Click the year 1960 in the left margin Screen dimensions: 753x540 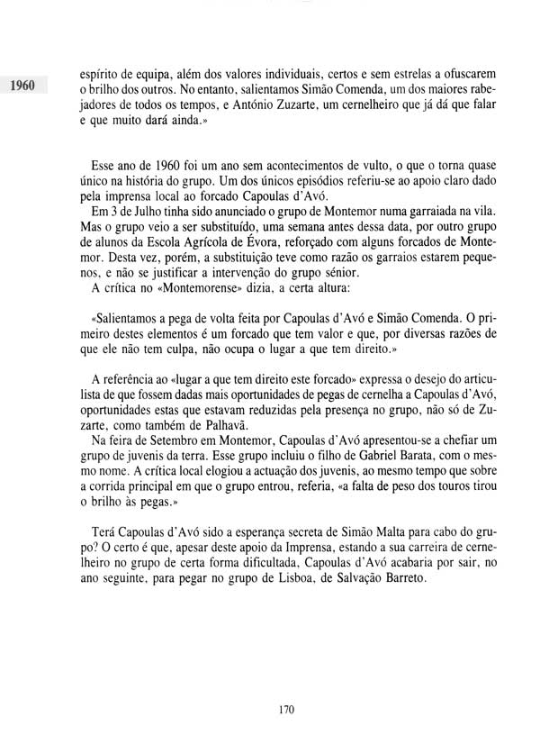tap(21, 87)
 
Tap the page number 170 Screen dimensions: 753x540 tap(287, 710)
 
